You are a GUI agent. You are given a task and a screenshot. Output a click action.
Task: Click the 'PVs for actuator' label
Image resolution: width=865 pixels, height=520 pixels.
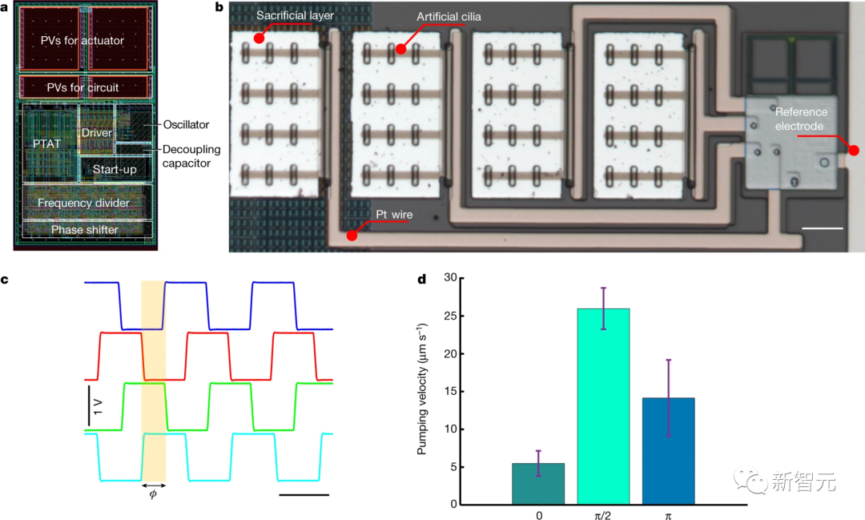[x=83, y=41]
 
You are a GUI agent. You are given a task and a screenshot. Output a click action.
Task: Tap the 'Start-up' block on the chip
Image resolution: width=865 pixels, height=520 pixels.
[x=115, y=170]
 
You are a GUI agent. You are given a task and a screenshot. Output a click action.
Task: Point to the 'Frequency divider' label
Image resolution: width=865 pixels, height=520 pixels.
[x=83, y=203]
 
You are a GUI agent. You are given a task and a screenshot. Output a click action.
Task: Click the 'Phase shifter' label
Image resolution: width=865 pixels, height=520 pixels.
[x=84, y=230]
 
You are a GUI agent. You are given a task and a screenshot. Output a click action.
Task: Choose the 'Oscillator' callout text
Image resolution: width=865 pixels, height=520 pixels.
[x=185, y=124]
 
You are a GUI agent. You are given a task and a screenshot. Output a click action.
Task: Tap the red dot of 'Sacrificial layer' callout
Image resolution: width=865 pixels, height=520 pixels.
[x=259, y=38]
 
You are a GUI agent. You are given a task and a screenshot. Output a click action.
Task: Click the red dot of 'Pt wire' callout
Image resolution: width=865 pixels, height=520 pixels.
[x=352, y=236]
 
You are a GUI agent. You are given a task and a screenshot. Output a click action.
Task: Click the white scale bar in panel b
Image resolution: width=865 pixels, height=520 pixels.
[x=822, y=229]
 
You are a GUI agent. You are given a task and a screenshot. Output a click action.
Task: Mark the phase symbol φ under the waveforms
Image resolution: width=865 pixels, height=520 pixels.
[x=153, y=494]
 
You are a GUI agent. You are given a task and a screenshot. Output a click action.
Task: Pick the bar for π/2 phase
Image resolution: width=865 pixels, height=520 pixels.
[x=603, y=406]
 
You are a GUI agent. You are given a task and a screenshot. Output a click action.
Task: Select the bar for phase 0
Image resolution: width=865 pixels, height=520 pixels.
[x=538, y=483]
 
